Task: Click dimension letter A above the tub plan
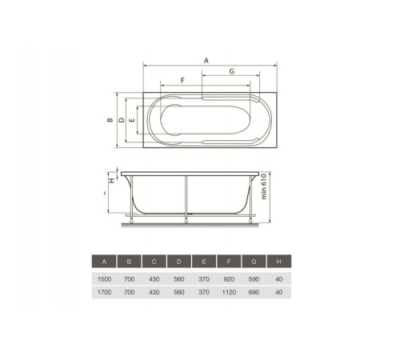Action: click(206, 61)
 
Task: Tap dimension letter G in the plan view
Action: click(232, 71)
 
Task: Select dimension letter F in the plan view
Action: click(182, 80)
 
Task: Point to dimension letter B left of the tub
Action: click(110, 120)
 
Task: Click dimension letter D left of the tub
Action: click(122, 120)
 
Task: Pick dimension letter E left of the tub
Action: click(132, 120)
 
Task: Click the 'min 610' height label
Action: click(264, 186)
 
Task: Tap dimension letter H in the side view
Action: click(112, 180)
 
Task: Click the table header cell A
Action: click(104, 262)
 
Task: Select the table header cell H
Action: click(279, 262)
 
